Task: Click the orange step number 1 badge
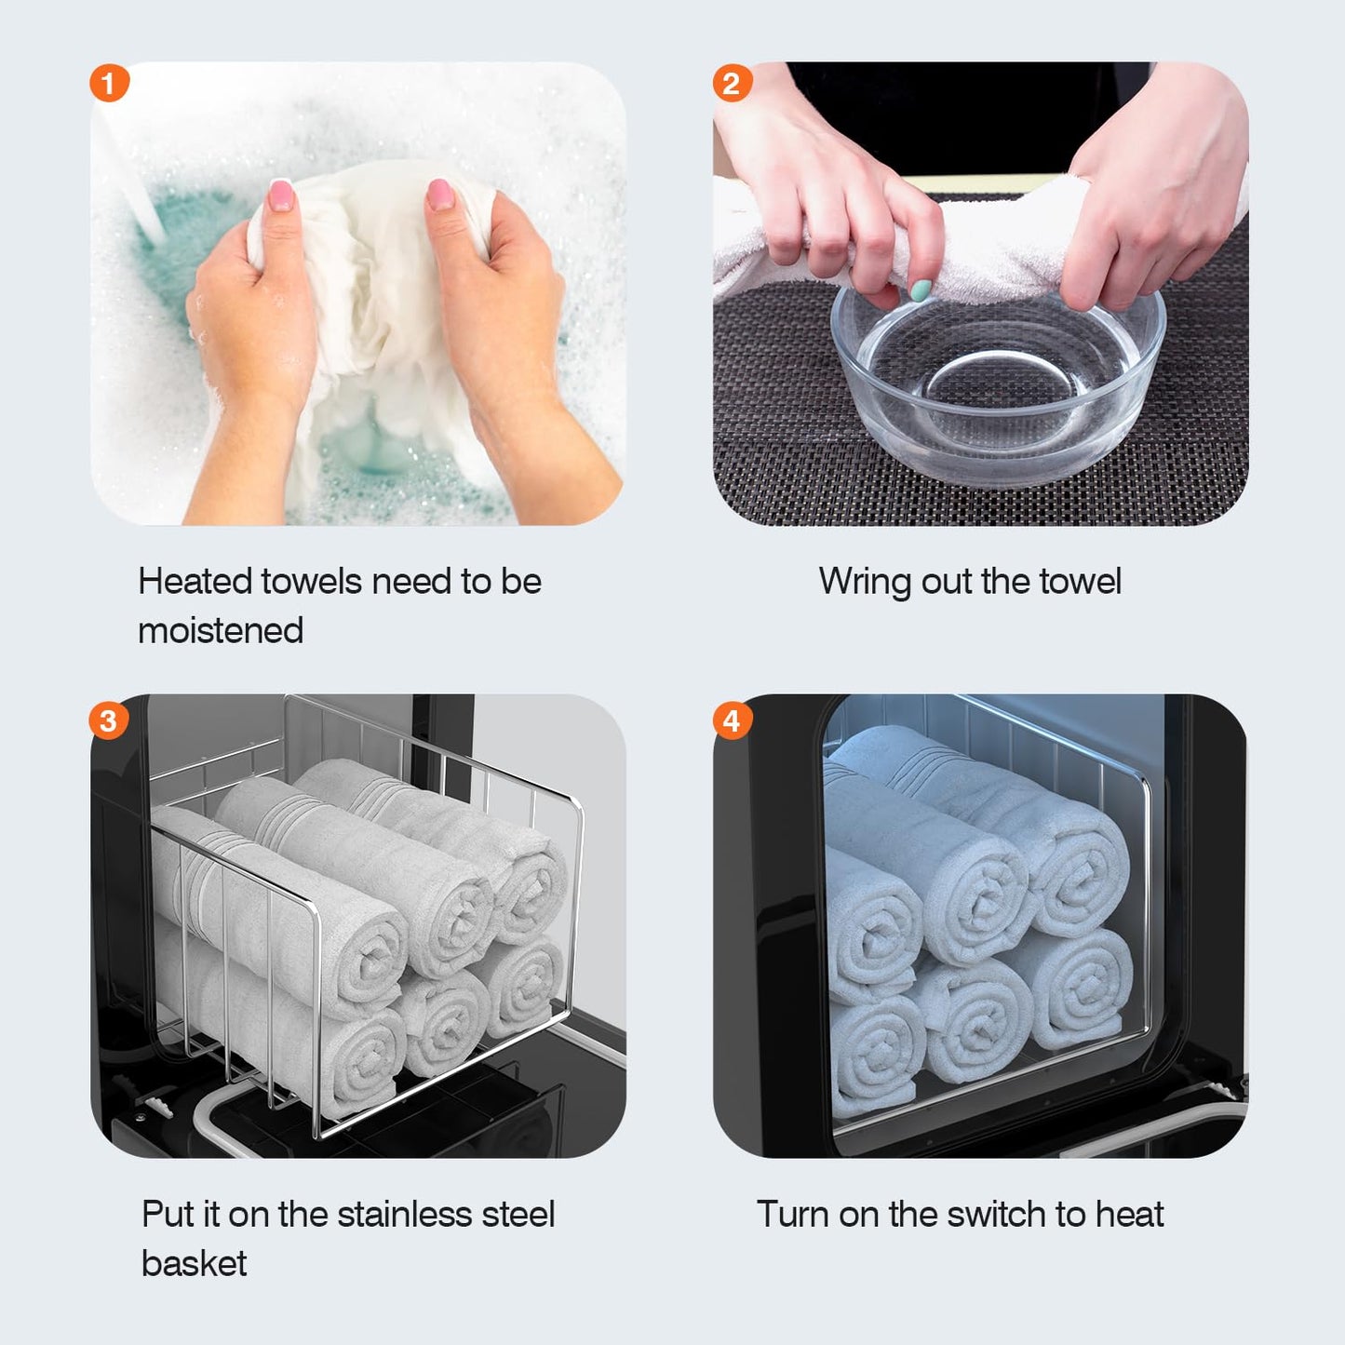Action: click(x=109, y=83)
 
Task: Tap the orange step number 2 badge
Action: click(x=732, y=83)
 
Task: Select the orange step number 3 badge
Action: click(x=108, y=720)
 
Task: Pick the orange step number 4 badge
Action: click(x=732, y=720)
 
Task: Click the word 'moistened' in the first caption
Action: click(x=221, y=631)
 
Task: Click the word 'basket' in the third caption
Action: click(x=194, y=1264)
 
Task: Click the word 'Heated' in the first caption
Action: click(x=195, y=582)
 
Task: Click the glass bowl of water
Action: click(x=998, y=391)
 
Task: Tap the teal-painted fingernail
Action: click(x=920, y=290)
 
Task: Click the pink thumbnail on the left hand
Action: click(x=280, y=195)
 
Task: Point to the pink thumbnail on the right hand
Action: click(x=440, y=195)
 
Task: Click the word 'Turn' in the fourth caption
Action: click(x=792, y=1215)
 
